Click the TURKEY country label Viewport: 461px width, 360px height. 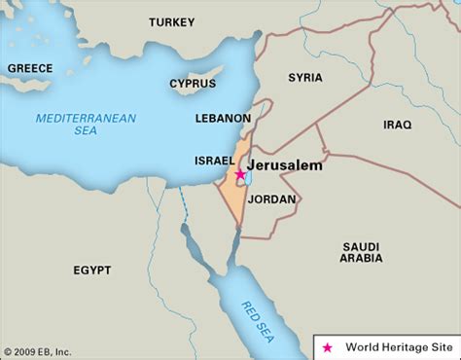[x=173, y=21]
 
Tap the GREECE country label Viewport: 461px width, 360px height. [x=29, y=68]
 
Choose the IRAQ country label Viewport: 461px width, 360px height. [x=397, y=125]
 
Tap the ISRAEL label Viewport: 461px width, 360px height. [x=215, y=160]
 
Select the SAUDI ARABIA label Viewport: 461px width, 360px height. [x=360, y=252]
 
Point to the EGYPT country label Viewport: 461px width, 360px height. [x=92, y=270]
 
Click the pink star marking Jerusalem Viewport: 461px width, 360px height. [x=239, y=174]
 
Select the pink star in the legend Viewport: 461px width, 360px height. [x=328, y=346]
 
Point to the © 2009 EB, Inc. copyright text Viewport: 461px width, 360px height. [x=36, y=351]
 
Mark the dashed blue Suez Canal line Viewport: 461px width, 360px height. [x=182, y=204]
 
